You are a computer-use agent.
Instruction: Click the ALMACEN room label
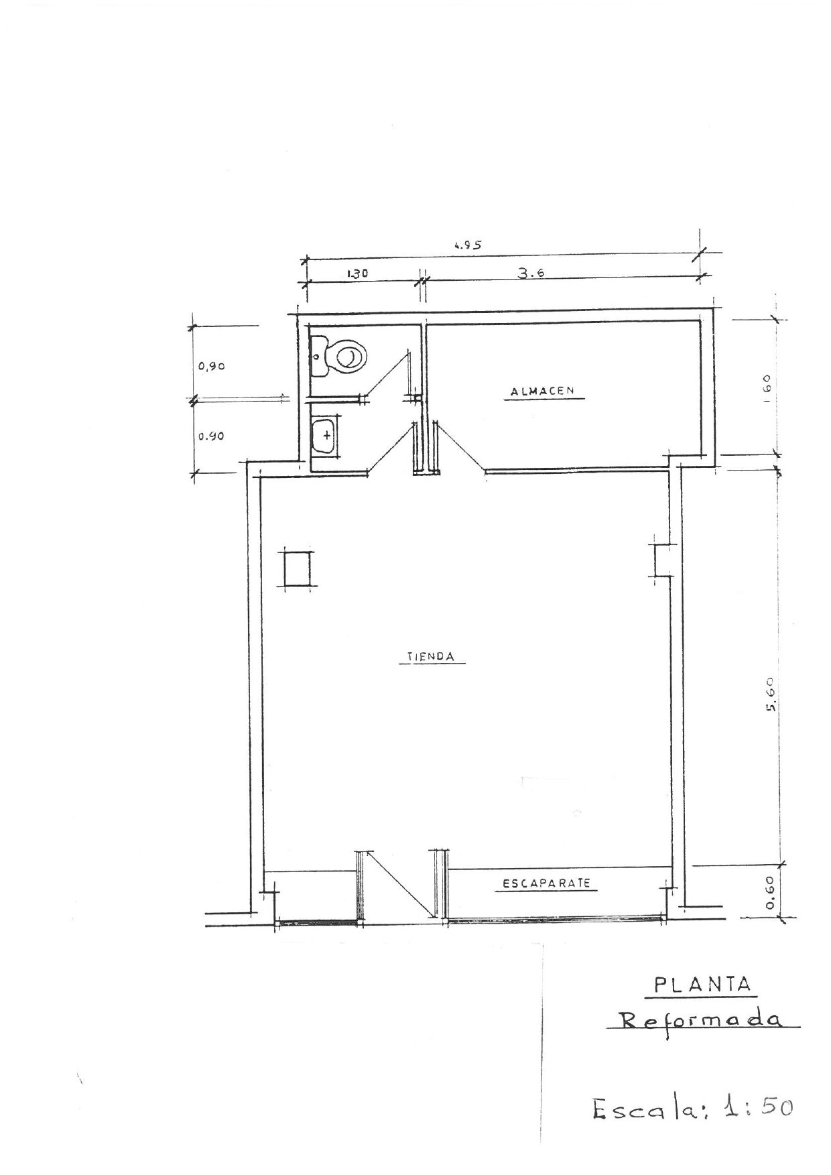click(542, 391)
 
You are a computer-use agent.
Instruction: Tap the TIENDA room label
click(431, 657)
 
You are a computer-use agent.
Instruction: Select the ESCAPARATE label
click(546, 883)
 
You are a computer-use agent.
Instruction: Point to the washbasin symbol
click(325, 435)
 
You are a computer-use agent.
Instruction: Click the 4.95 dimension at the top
click(467, 245)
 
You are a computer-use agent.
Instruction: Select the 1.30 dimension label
click(359, 273)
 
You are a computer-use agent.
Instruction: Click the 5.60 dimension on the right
click(769, 695)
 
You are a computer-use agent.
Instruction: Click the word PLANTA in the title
click(702, 985)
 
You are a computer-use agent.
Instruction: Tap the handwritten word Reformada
click(700, 1020)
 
